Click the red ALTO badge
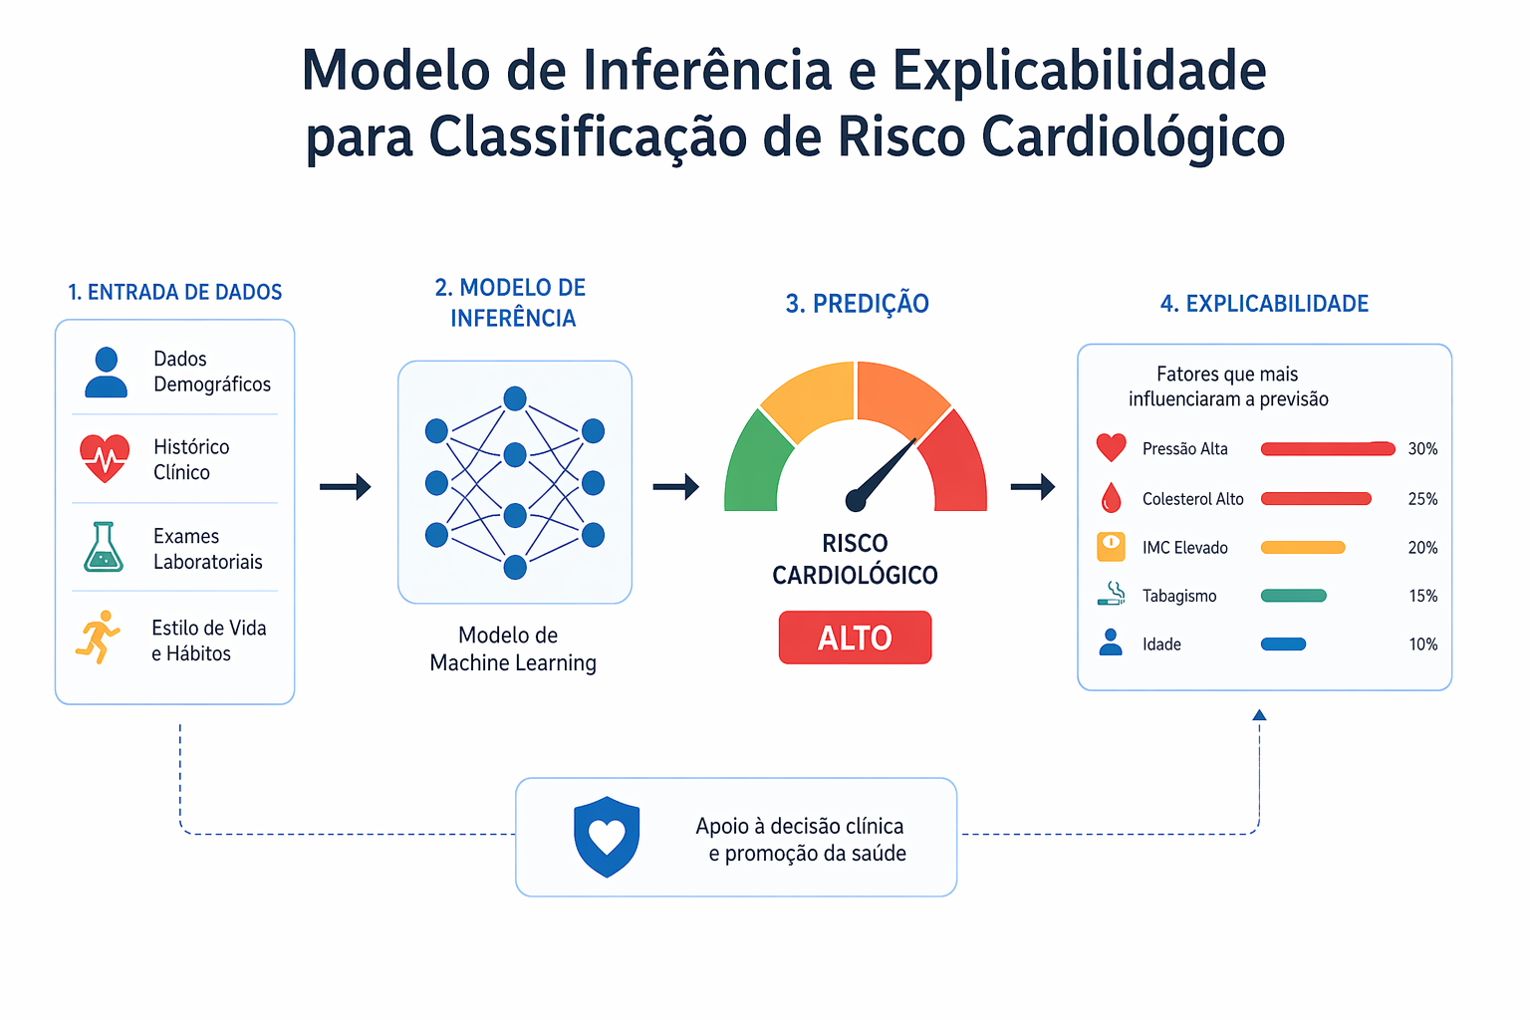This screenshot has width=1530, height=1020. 855,637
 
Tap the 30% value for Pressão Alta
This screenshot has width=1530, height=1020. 1422,449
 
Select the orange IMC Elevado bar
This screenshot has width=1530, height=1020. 1303,547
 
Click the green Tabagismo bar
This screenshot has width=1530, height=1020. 1293,596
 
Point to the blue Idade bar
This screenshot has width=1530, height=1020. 1283,644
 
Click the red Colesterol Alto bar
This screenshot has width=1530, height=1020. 1316,499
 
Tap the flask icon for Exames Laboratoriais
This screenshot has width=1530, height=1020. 104,547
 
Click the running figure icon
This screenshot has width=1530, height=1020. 99,637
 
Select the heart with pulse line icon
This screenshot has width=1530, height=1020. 105,458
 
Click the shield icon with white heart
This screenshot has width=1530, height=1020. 607,837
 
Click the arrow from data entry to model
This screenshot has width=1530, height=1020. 345,486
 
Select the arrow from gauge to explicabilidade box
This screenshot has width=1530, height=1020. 1033,486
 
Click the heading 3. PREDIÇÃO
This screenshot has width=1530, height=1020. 857,304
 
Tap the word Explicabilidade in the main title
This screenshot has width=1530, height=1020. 1079,72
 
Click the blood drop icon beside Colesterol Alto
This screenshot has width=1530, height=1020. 1112,497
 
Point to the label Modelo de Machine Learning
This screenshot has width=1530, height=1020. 512,649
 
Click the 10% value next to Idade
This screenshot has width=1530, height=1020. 1423,644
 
